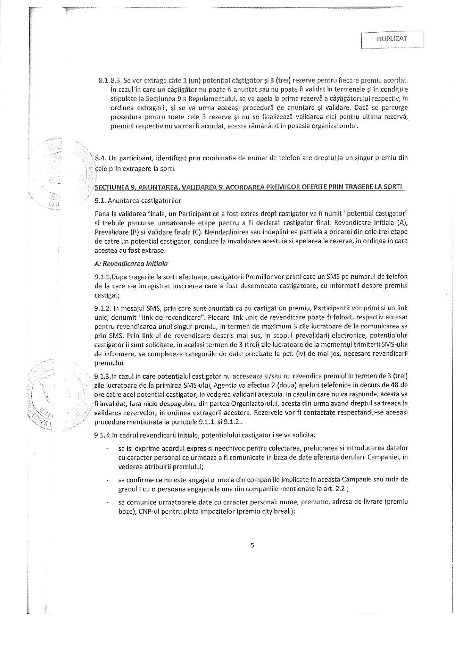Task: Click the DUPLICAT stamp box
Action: click(392, 39)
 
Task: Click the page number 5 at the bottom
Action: click(252, 545)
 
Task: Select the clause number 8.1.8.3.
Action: click(110, 81)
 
